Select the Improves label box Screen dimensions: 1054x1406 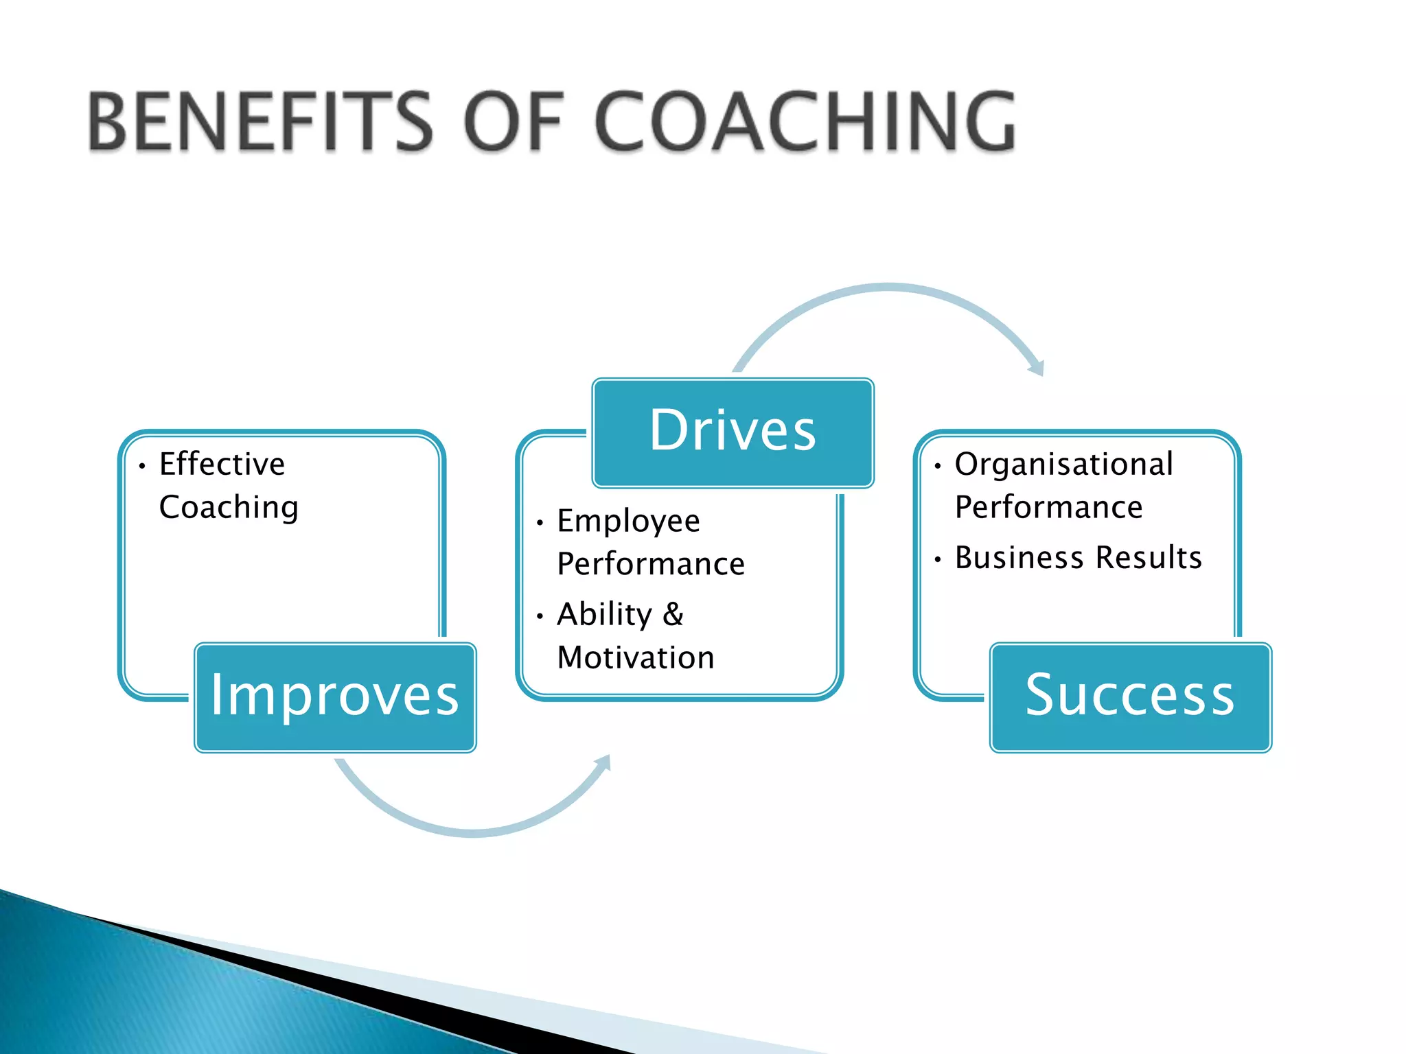335,697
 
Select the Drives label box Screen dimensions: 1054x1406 733,432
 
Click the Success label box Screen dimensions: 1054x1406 1130,697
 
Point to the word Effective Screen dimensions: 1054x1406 222,465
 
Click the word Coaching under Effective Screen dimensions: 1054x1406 229,508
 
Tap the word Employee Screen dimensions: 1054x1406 628,522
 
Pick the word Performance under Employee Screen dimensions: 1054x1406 651,565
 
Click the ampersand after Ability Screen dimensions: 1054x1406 673,614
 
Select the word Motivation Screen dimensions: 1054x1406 636,658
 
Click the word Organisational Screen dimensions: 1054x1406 1063,465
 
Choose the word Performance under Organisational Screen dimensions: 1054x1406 1048,508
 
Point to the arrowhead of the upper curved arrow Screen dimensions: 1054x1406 1037,368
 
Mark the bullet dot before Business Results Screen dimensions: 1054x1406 937,560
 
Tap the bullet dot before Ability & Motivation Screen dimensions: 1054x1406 540,616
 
